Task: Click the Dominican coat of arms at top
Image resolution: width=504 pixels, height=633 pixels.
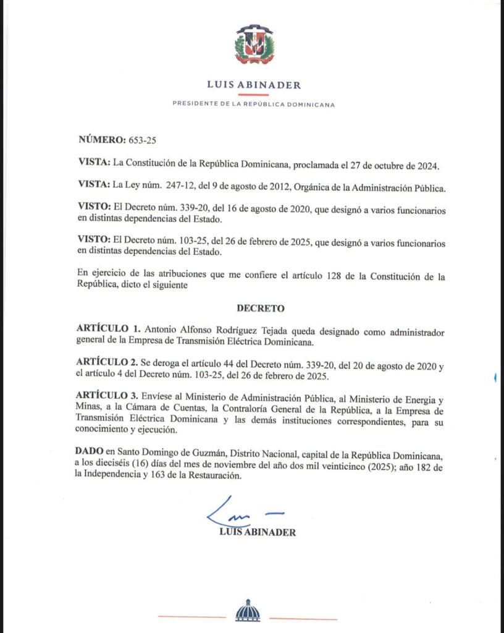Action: coord(254,45)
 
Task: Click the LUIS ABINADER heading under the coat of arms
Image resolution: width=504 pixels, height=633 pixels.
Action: coord(254,85)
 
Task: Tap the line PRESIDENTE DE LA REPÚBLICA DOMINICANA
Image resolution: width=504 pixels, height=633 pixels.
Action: coord(254,104)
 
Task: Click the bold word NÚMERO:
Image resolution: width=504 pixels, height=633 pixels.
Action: coord(102,140)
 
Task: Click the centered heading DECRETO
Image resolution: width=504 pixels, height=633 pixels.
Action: coord(260,307)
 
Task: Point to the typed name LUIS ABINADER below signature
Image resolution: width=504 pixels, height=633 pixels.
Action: coord(258,532)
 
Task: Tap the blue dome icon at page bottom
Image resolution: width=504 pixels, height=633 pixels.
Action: coord(248,611)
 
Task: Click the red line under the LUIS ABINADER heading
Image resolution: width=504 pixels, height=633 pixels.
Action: coord(254,95)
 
